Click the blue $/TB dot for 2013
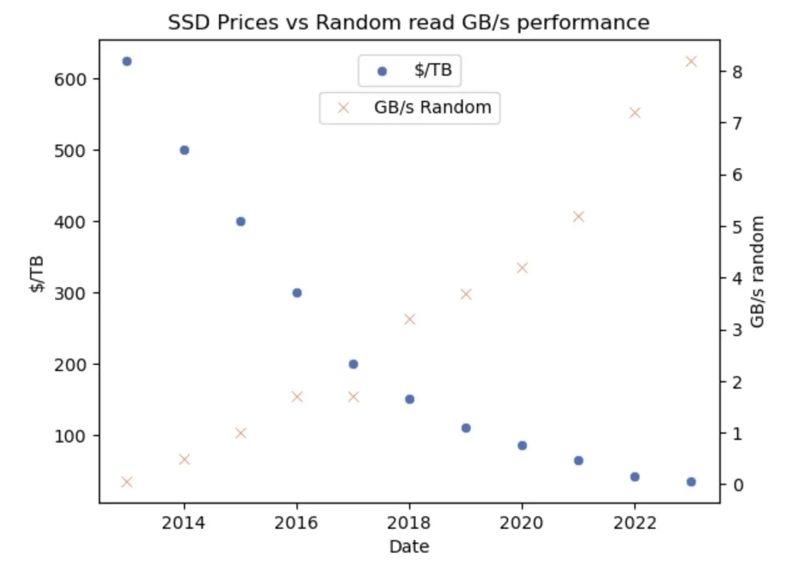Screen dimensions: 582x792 tap(127, 61)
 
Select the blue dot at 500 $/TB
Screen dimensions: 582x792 tap(185, 150)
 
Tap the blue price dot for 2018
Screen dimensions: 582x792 tap(410, 399)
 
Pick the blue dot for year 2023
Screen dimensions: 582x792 tap(691, 482)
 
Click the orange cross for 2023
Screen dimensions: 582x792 tap(691, 61)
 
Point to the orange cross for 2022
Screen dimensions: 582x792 tap(635, 113)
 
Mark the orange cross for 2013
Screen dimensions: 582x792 tap(127, 482)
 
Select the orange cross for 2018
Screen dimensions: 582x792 tap(410, 319)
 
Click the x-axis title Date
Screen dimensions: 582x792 tap(409, 547)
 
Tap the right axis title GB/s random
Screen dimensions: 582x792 tap(758, 272)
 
